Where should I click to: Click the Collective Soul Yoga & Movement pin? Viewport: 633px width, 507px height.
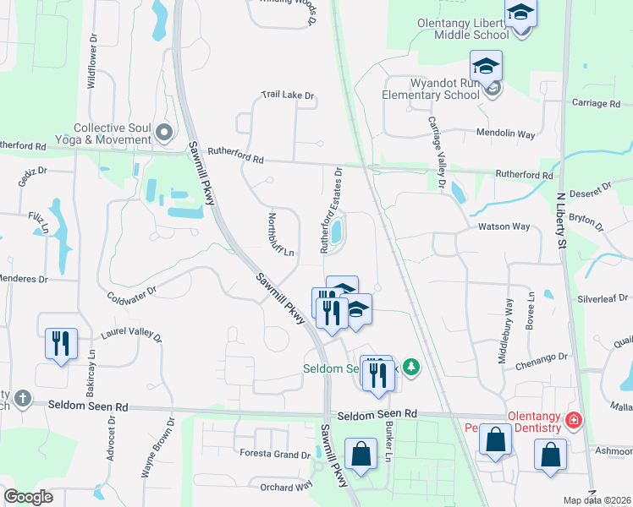coord(164,132)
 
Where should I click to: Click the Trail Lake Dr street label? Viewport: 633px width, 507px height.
coord(288,96)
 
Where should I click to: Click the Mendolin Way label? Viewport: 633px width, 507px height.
coord(507,134)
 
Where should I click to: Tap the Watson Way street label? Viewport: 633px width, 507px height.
coord(504,226)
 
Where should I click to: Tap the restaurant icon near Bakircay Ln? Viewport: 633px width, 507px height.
coord(60,344)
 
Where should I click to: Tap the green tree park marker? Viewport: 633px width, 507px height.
coord(411,367)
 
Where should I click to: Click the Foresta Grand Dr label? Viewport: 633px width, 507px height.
coord(274,455)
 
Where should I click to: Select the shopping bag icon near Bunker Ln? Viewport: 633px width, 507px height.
coord(361,453)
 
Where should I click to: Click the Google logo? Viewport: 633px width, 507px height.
coord(29,497)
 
